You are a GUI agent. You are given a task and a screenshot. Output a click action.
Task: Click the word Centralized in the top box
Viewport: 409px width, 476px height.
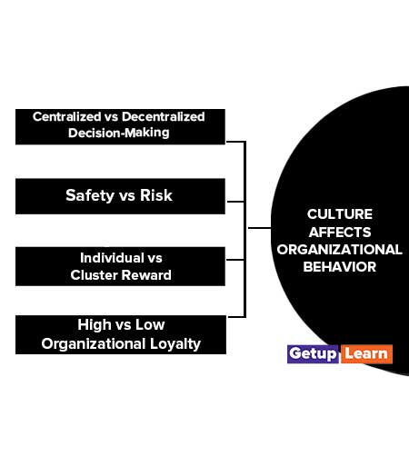click(x=66, y=116)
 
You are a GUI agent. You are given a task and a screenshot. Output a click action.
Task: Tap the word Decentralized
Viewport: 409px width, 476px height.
click(x=163, y=116)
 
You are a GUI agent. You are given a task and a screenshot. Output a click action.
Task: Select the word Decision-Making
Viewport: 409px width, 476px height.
click(x=119, y=133)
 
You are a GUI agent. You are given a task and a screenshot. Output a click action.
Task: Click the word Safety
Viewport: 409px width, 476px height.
click(x=90, y=195)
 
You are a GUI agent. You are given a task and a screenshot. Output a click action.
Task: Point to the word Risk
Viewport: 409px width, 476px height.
click(x=156, y=195)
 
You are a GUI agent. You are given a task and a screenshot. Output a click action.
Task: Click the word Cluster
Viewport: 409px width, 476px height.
click(x=95, y=275)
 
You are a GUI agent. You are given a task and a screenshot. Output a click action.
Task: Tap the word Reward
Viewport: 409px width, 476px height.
click(x=146, y=275)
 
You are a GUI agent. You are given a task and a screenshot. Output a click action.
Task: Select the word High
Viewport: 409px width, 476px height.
click(x=95, y=325)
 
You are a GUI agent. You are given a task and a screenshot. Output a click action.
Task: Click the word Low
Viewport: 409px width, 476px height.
click(x=150, y=325)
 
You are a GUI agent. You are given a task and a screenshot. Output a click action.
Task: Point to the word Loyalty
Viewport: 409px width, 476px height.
click(x=175, y=344)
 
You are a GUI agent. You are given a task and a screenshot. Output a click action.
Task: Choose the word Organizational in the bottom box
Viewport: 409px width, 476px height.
click(x=94, y=344)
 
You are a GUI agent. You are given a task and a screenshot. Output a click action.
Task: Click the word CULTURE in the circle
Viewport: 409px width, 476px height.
click(x=339, y=214)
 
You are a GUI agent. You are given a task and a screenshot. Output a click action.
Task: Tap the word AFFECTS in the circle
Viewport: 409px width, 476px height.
click(x=340, y=233)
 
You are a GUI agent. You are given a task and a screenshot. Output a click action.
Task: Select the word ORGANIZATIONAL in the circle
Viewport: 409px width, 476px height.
click(x=339, y=250)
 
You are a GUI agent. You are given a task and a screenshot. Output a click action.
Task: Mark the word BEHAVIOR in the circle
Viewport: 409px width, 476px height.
click(x=339, y=267)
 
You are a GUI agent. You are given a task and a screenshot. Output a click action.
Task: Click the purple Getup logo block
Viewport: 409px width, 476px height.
click(x=313, y=354)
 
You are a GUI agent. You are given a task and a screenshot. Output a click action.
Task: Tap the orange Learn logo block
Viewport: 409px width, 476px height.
click(x=366, y=354)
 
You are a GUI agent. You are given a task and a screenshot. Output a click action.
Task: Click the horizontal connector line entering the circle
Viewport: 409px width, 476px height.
click(x=260, y=228)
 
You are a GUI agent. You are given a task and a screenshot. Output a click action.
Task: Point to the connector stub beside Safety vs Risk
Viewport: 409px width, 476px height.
click(x=235, y=202)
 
